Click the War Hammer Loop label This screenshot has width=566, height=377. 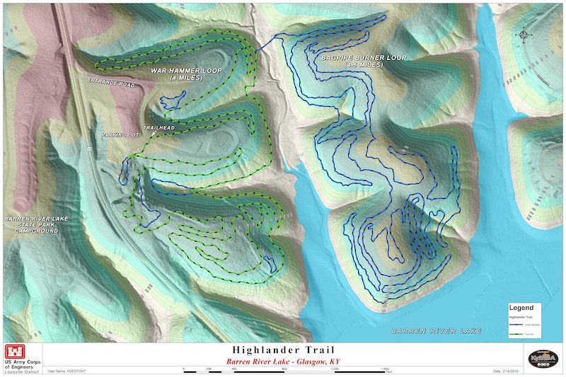(x=186, y=71)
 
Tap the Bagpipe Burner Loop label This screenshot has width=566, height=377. (x=363, y=58)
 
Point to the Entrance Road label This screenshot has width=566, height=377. (x=110, y=82)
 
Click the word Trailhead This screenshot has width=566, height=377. (x=158, y=128)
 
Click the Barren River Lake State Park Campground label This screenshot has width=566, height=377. (x=36, y=225)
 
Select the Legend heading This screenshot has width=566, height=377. (x=521, y=308)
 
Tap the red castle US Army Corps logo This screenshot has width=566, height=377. (x=14, y=352)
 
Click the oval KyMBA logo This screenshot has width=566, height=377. (x=543, y=357)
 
